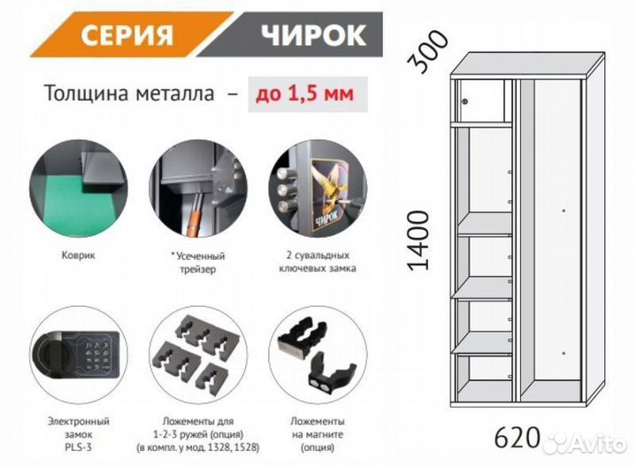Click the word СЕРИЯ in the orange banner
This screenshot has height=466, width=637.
pyautogui.click(x=127, y=34)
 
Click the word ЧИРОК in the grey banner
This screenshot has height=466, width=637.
pyautogui.click(x=313, y=34)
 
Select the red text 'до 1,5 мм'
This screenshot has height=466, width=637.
pyautogui.click(x=305, y=94)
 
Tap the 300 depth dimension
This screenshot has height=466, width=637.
pyautogui.click(x=427, y=52)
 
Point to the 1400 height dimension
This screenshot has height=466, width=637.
pyautogui.click(x=418, y=241)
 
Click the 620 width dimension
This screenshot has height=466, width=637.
pyautogui.click(x=518, y=438)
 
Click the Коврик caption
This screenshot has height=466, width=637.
pyautogui.click(x=79, y=256)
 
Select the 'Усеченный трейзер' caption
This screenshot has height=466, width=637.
pyautogui.click(x=198, y=263)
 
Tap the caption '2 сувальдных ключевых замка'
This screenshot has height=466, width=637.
pyautogui.click(x=318, y=262)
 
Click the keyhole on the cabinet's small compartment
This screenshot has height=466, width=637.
pyautogui.click(x=465, y=101)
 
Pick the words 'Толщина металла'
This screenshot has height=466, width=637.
pyautogui.click(x=129, y=94)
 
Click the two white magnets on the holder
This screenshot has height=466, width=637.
pyautogui.click(x=320, y=386)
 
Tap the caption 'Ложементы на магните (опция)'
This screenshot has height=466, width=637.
pyautogui.click(x=318, y=434)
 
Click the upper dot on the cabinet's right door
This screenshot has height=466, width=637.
pyautogui.click(x=564, y=210)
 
